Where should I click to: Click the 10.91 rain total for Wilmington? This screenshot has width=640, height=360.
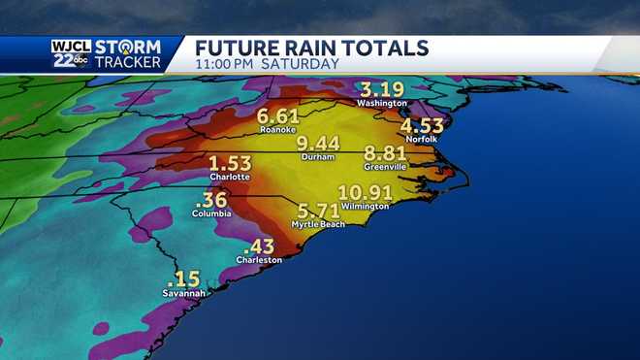tap(365, 192)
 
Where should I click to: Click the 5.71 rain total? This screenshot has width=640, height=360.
tap(315, 212)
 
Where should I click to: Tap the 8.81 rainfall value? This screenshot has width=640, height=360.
tap(384, 152)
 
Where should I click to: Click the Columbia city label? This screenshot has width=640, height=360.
tap(211, 213)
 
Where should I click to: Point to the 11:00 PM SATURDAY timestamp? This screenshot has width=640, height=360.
tap(267, 64)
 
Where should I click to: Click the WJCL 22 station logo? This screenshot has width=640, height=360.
tap(71, 53)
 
